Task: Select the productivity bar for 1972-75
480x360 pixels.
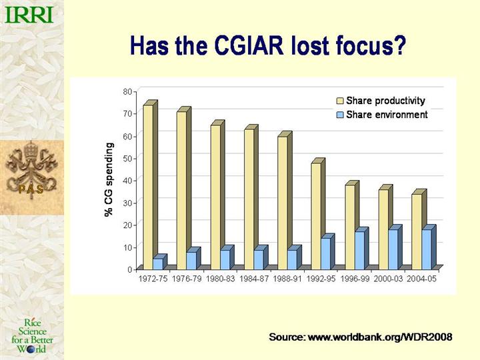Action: click(148, 187)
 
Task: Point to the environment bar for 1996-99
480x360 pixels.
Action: click(359, 250)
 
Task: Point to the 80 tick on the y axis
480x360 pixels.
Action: click(127, 91)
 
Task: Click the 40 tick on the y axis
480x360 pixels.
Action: click(127, 180)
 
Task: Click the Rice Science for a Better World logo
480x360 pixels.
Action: click(33, 335)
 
